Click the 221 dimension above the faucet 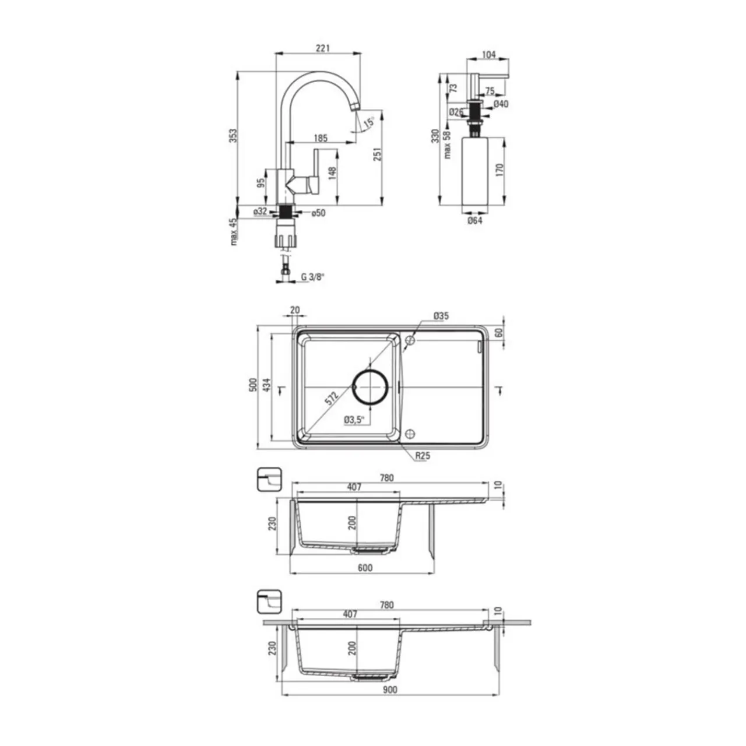point(322,48)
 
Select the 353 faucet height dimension point(233,135)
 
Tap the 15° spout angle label point(369,122)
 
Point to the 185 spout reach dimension point(321,138)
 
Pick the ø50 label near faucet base point(318,213)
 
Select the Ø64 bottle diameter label point(474,221)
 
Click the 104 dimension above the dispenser point(488,55)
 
